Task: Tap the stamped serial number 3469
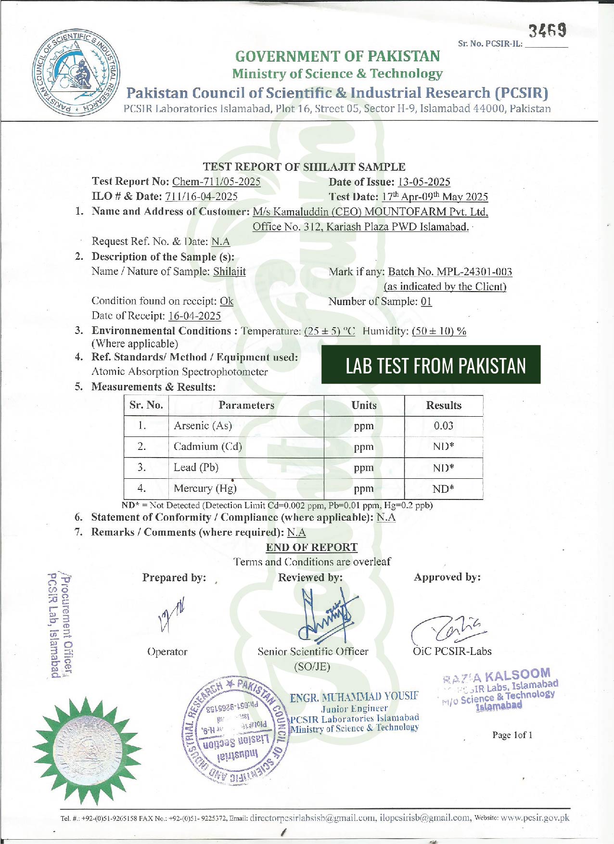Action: (548, 31)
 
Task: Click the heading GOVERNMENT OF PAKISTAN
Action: (337, 56)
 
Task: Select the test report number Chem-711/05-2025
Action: (216, 181)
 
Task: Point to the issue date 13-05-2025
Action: (423, 182)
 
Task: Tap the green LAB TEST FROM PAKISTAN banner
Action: (431, 365)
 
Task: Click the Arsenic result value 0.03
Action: (443, 425)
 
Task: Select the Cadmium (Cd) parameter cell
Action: (208, 447)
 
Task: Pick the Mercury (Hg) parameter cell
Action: (205, 488)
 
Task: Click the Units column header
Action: (364, 405)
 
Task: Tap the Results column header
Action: (443, 405)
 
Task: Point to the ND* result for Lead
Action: (443, 468)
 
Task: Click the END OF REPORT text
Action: (311, 547)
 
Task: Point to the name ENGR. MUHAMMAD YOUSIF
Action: (354, 697)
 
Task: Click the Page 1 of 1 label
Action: (512, 735)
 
